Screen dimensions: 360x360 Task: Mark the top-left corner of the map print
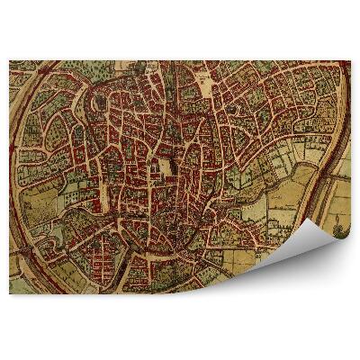point(10,61)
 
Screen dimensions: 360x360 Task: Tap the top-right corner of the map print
point(350,61)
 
